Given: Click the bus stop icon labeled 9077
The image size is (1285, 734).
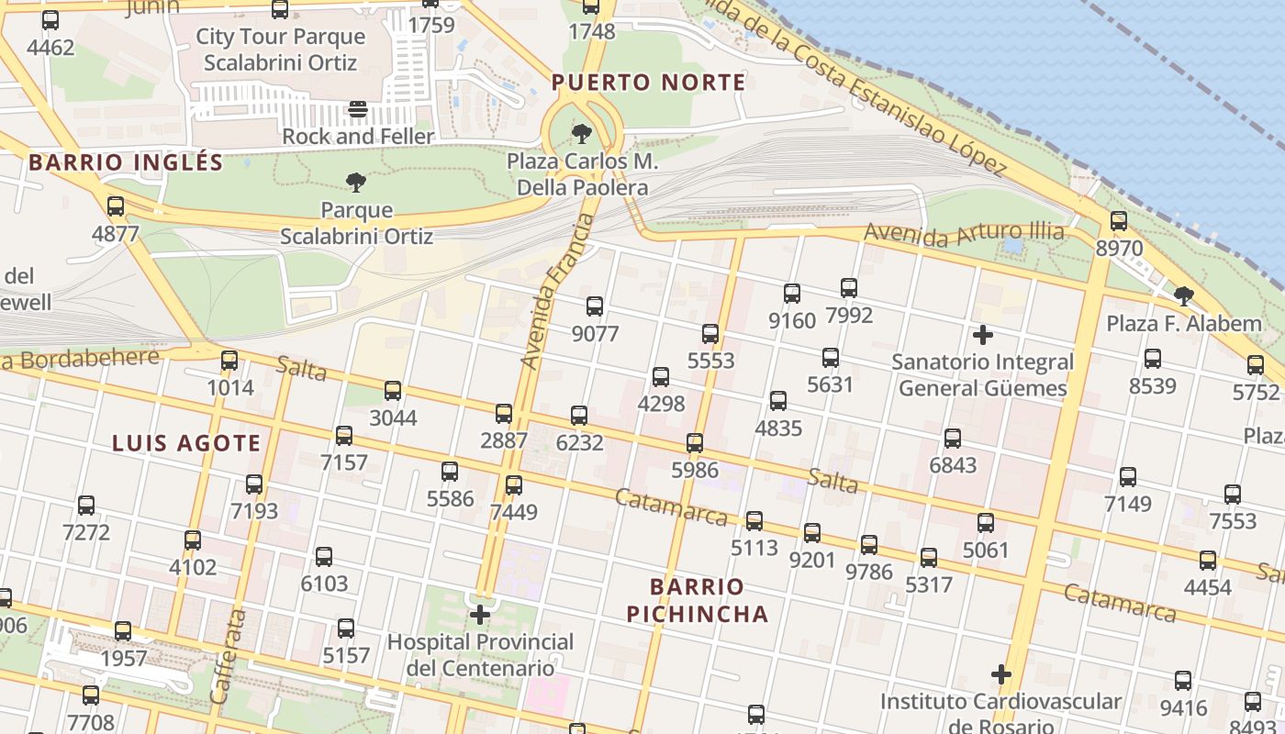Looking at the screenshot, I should (595, 306).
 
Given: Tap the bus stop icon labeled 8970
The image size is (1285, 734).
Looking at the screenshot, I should (1118, 221).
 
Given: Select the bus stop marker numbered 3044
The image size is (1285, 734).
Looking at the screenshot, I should (393, 391).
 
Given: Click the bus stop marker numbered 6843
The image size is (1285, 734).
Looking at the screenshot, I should (953, 439).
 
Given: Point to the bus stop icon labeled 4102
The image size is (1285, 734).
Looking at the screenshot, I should (193, 540).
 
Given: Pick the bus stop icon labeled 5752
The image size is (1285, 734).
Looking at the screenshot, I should (1256, 365).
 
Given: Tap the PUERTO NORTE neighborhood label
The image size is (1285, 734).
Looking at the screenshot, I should (648, 83).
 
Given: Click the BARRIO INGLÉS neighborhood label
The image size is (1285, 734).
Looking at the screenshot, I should (126, 163).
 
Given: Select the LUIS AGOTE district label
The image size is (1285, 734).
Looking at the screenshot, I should (186, 444).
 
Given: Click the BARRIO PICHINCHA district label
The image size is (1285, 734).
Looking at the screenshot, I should (697, 600).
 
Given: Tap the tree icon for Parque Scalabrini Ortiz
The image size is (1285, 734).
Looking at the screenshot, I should (356, 183).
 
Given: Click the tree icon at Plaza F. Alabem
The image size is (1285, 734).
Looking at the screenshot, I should (1184, 295).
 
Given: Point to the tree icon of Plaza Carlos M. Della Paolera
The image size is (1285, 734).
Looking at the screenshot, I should (581, 134).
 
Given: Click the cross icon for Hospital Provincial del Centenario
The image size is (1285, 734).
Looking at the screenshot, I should (480, 614).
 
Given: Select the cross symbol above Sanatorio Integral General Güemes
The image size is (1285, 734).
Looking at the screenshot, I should (982, 335).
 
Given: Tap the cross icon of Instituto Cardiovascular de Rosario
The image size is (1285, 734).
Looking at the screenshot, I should (1000, 674).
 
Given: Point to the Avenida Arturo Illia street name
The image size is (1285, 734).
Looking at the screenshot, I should (964, 233).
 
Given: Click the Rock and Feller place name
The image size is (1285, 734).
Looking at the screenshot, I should (358, 137).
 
